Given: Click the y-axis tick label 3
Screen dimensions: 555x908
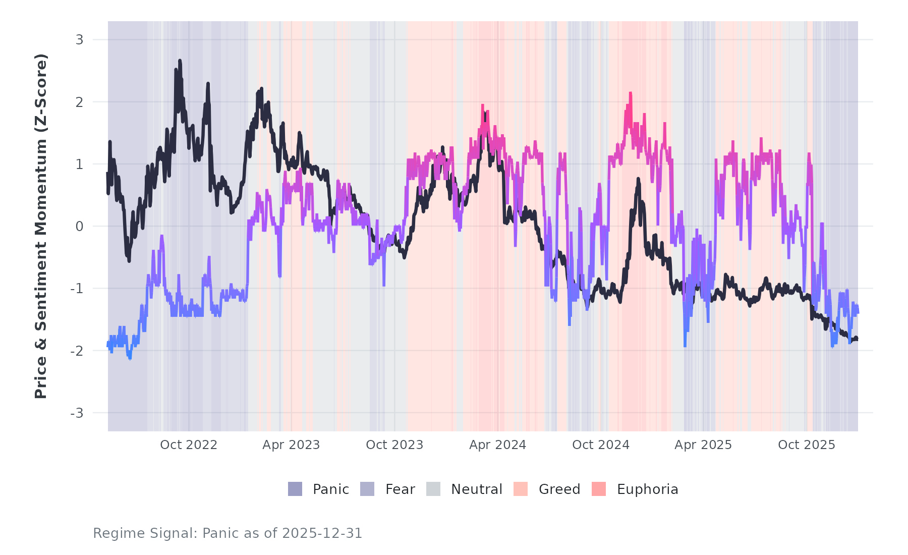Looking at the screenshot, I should tap(79, 40).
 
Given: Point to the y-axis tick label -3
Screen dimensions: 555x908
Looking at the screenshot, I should tap(77, 413).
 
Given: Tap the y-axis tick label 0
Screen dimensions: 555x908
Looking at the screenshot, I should tap(79, 227).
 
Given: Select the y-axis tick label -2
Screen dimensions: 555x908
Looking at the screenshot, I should tap(77, 351).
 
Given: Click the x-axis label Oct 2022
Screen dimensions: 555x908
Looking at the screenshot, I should tap(189, 445).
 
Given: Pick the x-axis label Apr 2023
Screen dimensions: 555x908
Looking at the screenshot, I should tap(291, 445).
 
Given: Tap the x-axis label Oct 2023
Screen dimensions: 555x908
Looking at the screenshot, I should tap(394, 445).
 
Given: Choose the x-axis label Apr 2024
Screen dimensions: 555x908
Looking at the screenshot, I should tap(497, 445).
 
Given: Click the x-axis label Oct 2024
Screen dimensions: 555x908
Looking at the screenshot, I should tap(601, 445).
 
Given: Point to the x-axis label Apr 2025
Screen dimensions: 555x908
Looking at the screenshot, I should tap(703, 445).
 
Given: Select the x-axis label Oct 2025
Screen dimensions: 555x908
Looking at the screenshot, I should tap(807, 445).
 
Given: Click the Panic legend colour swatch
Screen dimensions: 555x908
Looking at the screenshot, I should tap(295, 489).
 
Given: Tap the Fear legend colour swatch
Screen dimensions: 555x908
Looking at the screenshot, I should tap(367, 489).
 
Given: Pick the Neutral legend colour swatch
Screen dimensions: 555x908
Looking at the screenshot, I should tap(433, 489).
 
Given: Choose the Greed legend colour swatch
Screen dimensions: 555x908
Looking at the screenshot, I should tap(521, 489).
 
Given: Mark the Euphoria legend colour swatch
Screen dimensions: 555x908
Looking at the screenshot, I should tap(599, 489).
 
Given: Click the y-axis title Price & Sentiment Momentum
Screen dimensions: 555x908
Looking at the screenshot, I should tap(41, 226).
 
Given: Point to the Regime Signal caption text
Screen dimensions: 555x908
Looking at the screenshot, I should tap(228, 533).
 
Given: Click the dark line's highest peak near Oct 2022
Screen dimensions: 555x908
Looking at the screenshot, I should tap(180, 61).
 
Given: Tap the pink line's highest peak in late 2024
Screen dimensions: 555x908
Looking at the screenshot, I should tap(630, 93).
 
